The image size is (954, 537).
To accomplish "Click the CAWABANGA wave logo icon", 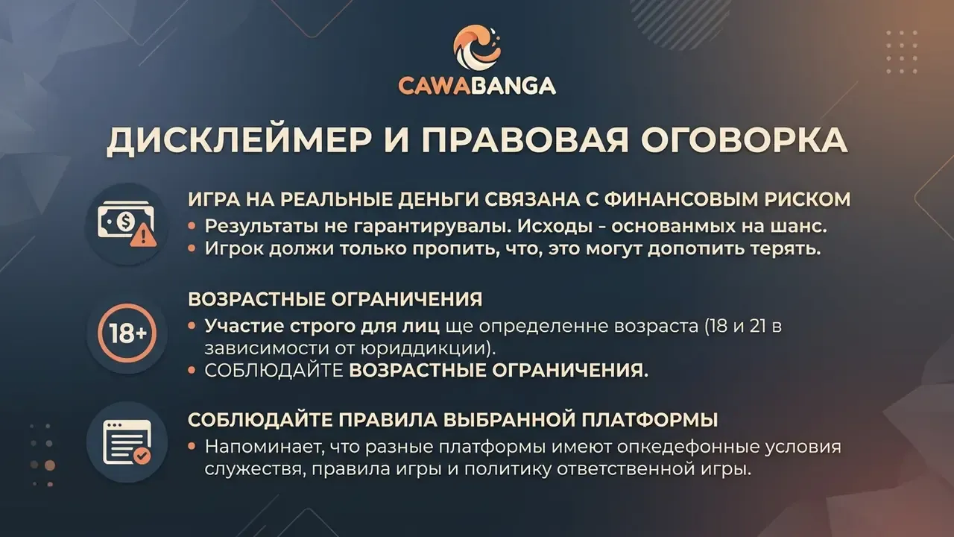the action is pos(477,46).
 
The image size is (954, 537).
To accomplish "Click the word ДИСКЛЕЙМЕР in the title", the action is pos(239,140).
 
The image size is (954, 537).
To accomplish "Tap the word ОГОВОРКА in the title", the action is pos(744,139).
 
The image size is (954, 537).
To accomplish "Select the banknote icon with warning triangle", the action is pos(127,224).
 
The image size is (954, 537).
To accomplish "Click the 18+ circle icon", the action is pos(127,333).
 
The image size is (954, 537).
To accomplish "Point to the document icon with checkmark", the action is pos(127,442).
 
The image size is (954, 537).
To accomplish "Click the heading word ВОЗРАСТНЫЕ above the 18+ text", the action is pos(256,299).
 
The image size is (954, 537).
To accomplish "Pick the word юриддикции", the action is pos(424,348).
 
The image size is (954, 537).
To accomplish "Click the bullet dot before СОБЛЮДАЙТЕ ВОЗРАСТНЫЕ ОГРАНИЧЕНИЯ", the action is pos(192,371).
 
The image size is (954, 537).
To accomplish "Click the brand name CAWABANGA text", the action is pos(477,85).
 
